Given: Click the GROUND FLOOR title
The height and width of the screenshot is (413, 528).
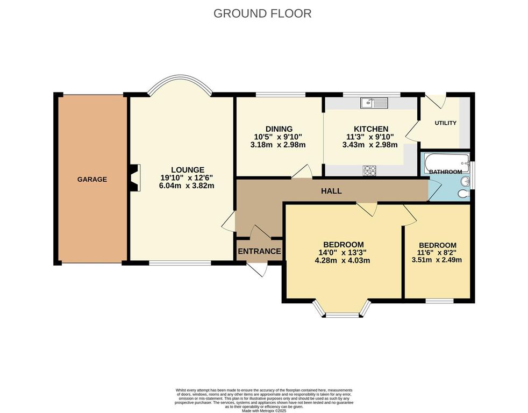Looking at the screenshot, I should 262,13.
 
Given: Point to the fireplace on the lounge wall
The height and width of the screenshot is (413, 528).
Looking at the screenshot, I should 133,177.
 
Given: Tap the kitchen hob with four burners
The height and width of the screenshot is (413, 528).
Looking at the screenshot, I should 370,170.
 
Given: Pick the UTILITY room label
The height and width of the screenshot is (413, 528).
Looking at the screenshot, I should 445,123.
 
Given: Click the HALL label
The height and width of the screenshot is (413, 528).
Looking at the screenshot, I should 331,191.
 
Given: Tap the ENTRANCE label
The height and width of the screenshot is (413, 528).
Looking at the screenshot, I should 260,251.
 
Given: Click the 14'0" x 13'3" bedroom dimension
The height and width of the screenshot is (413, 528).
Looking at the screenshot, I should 343,253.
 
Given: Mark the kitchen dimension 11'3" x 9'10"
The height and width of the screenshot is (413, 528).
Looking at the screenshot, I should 370,137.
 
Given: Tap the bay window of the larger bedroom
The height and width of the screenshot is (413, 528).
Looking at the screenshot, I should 343,311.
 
